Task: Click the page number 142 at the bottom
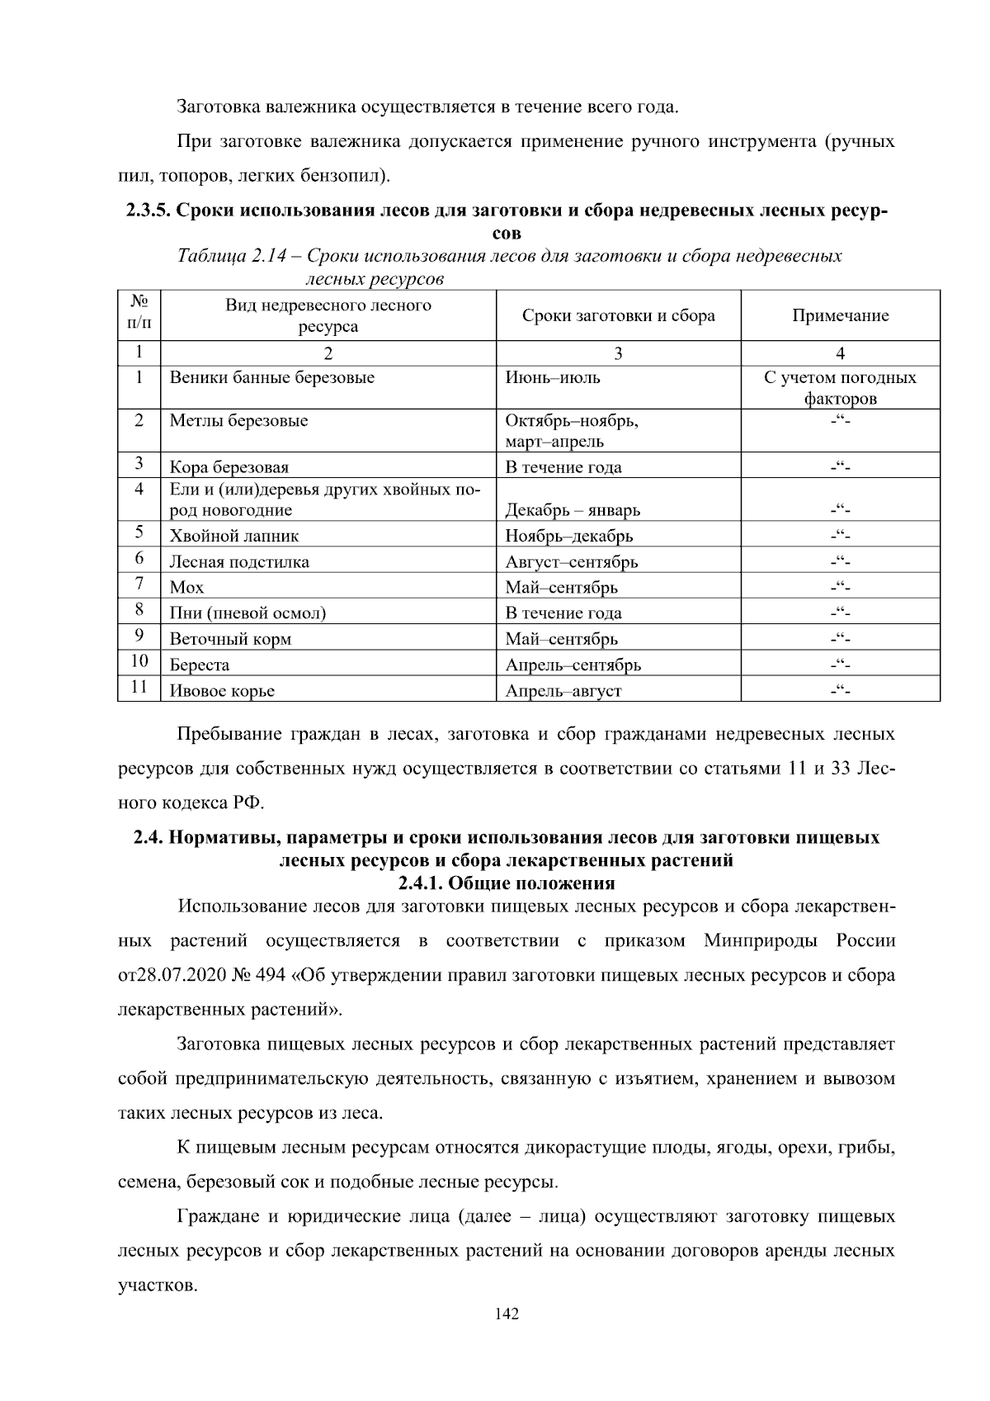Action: coord(507,1314)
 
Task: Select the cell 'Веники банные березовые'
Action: coord(272,378)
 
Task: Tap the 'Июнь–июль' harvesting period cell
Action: coord(552,378)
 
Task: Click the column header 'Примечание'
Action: coord(840,315)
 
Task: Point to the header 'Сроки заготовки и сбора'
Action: coord(618,315)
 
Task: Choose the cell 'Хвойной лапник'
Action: coord(233,536)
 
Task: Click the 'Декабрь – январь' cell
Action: coord(572,510)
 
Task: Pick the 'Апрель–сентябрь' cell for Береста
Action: coord(573,665)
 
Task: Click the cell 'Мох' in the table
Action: coord(186,588)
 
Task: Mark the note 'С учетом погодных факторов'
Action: coord(840,388)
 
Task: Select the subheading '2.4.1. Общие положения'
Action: coord(507,883)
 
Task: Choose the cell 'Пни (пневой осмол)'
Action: coord(247,613)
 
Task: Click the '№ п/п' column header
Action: coord(139,315)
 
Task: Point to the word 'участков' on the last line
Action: coord(157,1285)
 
